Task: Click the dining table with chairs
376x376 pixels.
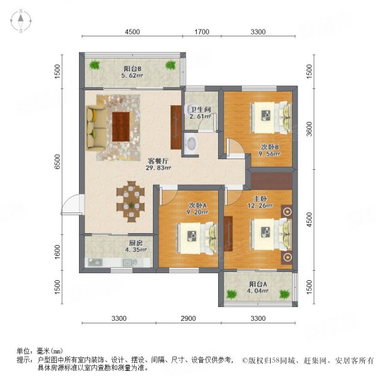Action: pyautogui.click(x=132, y=201)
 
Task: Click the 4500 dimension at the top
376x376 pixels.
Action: pyautogui.click(x=132, y=32)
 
